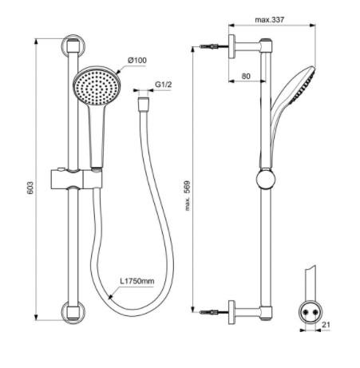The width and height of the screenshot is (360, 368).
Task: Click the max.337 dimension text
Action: coord(271,19)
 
